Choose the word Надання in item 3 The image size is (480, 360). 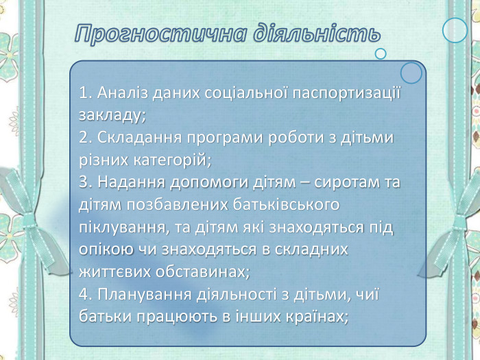pyautogui.click(x=124, y=182)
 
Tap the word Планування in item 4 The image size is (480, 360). pyautogui.click(x=134, y=294)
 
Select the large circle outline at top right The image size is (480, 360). pyautogui.click(x=455, y=30)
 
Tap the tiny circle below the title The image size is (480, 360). pyautogui.click(x=381, y=53)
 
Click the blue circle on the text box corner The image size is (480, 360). pyautogui.click(x=411, y=73)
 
